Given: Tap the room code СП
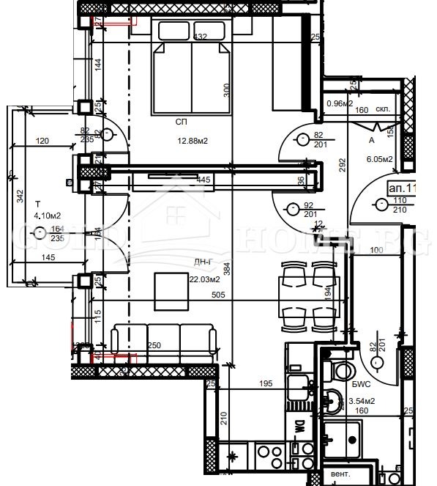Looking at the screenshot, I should coord(181,122).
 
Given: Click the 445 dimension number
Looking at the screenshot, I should coord(203,178).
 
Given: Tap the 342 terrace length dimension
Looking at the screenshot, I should coord(20,196).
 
